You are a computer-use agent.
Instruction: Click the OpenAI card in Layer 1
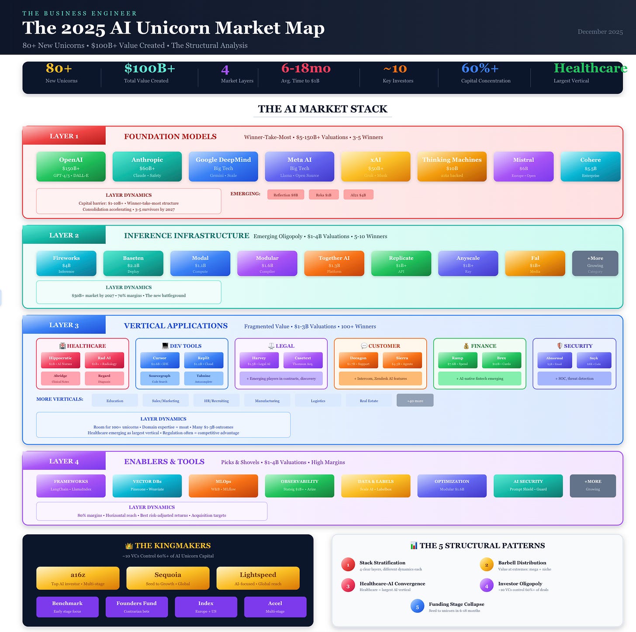coord(71,167)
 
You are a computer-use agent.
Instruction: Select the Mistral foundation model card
coord(523,167)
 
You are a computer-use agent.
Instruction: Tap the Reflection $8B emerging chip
coord(286,195)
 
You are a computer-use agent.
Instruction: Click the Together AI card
coord(334,263)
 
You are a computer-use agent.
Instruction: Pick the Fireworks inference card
coord(66,263)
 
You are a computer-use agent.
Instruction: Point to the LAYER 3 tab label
coord(64,325)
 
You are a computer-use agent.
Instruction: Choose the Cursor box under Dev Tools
coord(159,360)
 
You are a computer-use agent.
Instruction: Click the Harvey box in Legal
coord(259,360)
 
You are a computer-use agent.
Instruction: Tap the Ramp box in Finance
coord(457,360)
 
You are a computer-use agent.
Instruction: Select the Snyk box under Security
coord(594,360)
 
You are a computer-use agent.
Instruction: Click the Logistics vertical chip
coord(318,400)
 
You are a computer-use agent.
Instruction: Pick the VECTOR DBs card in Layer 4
coord(147,485)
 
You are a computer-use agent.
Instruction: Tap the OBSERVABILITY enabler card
coord(299,485)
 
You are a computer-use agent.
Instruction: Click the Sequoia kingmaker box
coord(168,578)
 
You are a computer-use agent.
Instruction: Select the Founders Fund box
coord(136,607)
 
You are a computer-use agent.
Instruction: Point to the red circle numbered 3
coord(348,586)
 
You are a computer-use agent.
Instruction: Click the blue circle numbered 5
coord(417,606)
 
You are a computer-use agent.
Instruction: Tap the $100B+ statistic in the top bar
coord(149,68)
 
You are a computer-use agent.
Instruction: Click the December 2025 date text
coord(600,32)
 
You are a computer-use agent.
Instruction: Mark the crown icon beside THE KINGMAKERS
coord(129,546)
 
